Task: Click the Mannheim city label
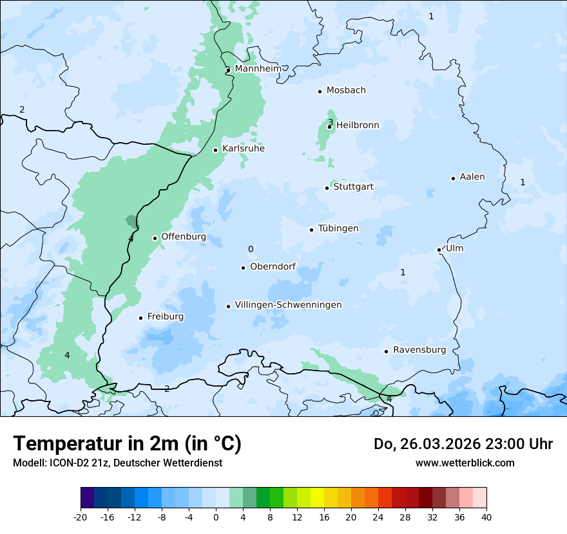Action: pos(258,69)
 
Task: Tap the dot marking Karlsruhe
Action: pos(216,150)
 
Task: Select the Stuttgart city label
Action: pos(353,187)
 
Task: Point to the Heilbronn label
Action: pos(358,125)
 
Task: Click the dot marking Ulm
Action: pos(439,250)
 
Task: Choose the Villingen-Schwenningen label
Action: pos(288,305)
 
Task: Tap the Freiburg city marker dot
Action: pos(140,318)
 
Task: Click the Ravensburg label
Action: pos(419,350)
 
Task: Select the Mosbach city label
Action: pos(346,91)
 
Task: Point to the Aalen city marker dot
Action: pos(453,178)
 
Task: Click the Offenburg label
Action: pos(184,237)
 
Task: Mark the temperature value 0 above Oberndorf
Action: pos(251,250)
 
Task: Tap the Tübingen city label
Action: pos(338,228)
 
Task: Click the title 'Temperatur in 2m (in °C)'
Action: pos(127,444)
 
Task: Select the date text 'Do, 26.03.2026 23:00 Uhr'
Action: pos(463,444)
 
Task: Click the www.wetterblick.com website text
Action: pos(465,463)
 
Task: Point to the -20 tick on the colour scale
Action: pos(81,517)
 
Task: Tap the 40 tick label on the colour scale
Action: pos(486,517)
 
